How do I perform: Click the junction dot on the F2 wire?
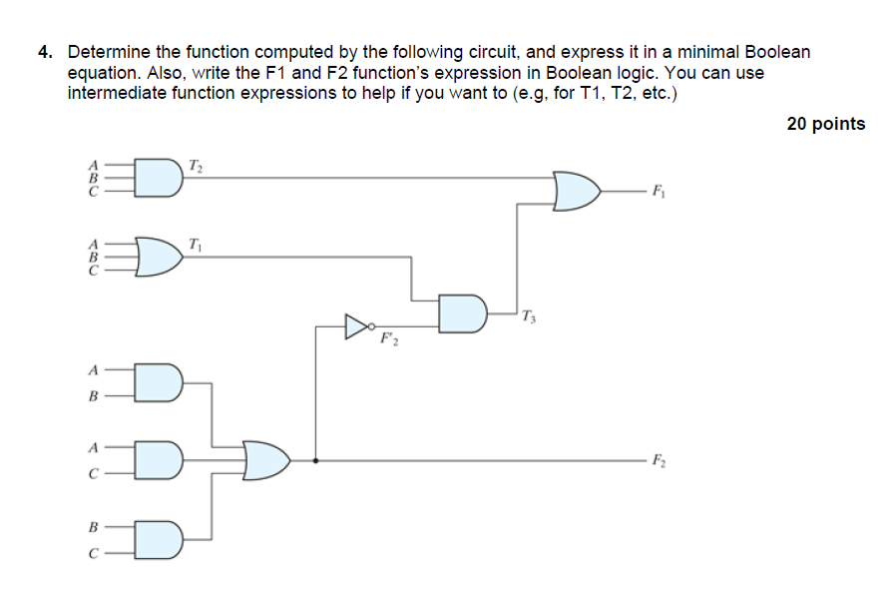(x=315, y=461)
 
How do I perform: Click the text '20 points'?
(x=825, y=124)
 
